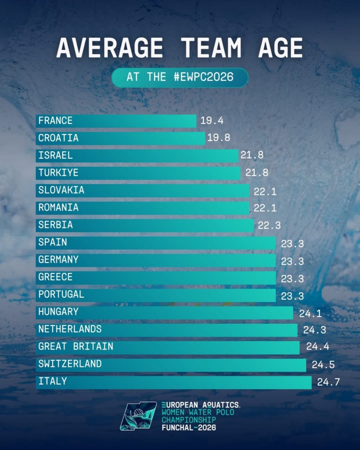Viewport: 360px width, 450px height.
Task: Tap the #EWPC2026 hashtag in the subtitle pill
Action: [x=204, y=77]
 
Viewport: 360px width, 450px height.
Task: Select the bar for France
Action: [x=116, y=121]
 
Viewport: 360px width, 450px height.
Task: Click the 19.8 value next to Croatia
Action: [x=219, y=138]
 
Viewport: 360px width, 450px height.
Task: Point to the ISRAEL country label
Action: [x=56, y=156]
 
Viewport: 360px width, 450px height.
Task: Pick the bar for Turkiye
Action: [x=138, y=173]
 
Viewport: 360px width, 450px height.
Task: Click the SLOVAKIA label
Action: [x=61, y=190]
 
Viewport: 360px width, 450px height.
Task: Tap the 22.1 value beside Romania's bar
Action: [x=265, y=208]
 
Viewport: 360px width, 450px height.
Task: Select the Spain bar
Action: [x=156, y=243]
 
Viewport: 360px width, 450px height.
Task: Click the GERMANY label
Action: [x=58, y=260]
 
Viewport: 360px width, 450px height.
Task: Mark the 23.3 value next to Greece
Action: [x=292, y=279]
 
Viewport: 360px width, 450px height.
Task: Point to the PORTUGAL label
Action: [x=61, y=295]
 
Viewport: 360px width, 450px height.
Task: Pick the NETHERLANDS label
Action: [x=70, y=330]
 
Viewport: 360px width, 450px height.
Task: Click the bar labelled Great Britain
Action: [x=168, y=347]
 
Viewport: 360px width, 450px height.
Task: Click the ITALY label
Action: [x=52, y=382]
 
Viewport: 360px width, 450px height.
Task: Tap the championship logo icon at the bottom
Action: [x=138, y=416]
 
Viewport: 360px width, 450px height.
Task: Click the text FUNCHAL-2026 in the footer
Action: [x=189, y=428]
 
